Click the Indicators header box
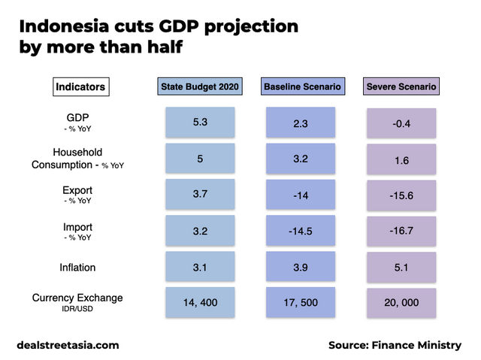81,87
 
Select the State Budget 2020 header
200,87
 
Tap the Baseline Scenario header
302,87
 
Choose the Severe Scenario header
401,87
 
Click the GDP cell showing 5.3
200,122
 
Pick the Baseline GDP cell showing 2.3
302,122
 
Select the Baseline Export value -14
302,195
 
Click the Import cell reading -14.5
302,231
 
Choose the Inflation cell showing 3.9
302,268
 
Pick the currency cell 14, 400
200,303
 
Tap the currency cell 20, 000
401,304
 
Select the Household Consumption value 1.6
401,159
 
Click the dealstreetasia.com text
68,345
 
